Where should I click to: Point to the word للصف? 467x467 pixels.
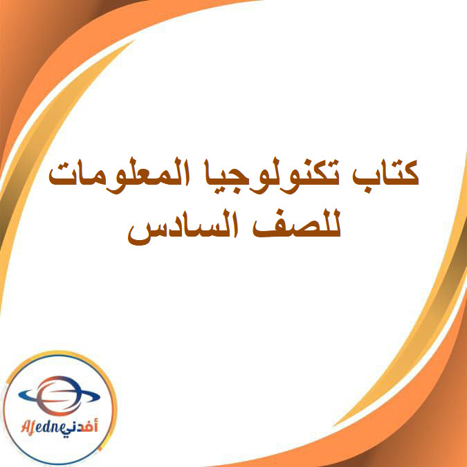tap(304, 228)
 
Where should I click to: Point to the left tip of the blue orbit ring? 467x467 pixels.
tap(17, 395)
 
